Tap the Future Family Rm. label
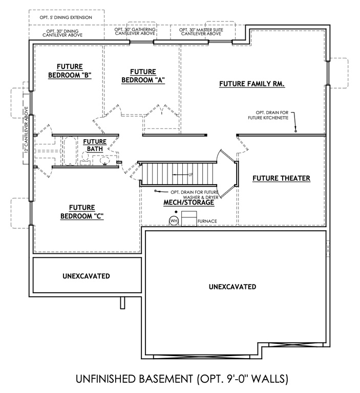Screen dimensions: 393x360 click(x=251, y=83)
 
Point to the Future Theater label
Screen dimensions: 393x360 click(x=282, y=178)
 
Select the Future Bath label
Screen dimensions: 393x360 click(x=95, y=145)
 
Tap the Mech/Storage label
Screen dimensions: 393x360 click(x=188, y=203)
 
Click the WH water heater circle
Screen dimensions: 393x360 click(x=175, y=221)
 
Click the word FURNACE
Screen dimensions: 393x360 click(x=208, y=222)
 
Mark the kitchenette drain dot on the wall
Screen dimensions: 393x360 click(x=295, y=132)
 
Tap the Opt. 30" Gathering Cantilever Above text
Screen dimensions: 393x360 click(x=140, y=32)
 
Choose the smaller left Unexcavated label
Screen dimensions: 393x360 click(x=87, y=276)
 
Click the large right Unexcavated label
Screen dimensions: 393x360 click(x=232, y=287)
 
